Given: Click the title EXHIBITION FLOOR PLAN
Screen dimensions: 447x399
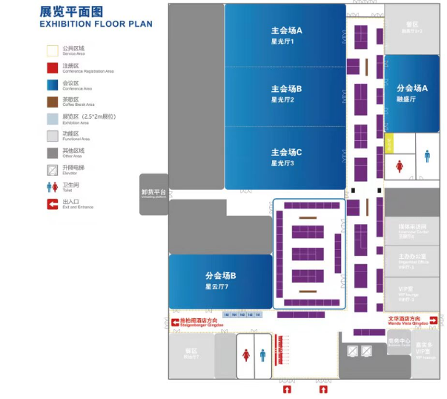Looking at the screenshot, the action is coord(96,24).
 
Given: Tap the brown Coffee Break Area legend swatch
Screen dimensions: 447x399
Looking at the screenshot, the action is coord(52,102).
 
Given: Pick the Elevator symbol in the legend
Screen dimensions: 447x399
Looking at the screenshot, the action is coord(52,169).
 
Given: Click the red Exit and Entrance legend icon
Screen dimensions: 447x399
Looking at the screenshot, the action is coord(52,203).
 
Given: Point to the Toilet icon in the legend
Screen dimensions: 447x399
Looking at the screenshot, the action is coord(52,186).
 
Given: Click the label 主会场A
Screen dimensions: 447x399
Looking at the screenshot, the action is coord(286,31).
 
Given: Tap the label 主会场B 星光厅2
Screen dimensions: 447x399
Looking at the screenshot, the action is coord(286,93).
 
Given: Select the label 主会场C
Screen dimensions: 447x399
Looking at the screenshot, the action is coord(286,153).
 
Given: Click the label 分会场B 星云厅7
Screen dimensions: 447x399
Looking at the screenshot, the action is coord(220,280).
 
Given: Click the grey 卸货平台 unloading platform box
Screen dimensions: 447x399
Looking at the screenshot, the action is coord(153,194).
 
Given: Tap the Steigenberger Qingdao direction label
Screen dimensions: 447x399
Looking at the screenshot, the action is coord(201,323).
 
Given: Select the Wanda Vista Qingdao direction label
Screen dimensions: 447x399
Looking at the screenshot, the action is coord(408,321).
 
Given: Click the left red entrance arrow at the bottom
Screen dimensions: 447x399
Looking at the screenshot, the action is coord(287,389).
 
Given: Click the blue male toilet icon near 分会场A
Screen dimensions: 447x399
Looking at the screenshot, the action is coord(427,156).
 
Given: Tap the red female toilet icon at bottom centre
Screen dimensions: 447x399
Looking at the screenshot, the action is coord(245,355).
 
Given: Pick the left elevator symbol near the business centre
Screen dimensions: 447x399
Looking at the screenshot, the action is coord(353,351).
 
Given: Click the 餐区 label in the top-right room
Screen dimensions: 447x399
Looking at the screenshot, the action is coord(411,24).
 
